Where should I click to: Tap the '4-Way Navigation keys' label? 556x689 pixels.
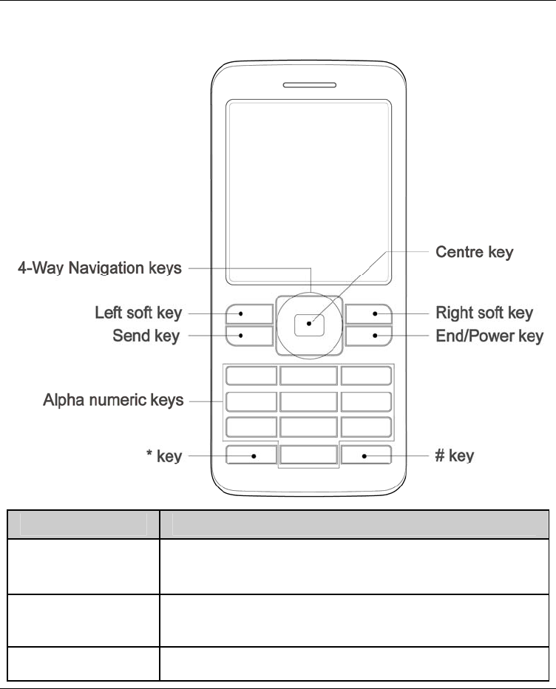[x=99, y=268]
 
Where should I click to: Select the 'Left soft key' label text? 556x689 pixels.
[x=138, y=313]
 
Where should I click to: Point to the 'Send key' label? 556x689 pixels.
[x=146, y=337]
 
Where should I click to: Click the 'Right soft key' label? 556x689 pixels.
[x=484, y=313]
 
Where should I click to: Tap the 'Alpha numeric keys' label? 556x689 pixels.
[x=113, y=401]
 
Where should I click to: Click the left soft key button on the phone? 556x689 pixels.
[x=249, y=313]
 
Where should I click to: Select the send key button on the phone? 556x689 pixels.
[x=249, y=337]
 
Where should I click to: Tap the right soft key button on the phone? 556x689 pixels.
[x=368, y=313]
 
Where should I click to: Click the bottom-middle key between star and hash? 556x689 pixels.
[x=308, y=455]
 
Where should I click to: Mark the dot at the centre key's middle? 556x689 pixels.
[x=308, y=324]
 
